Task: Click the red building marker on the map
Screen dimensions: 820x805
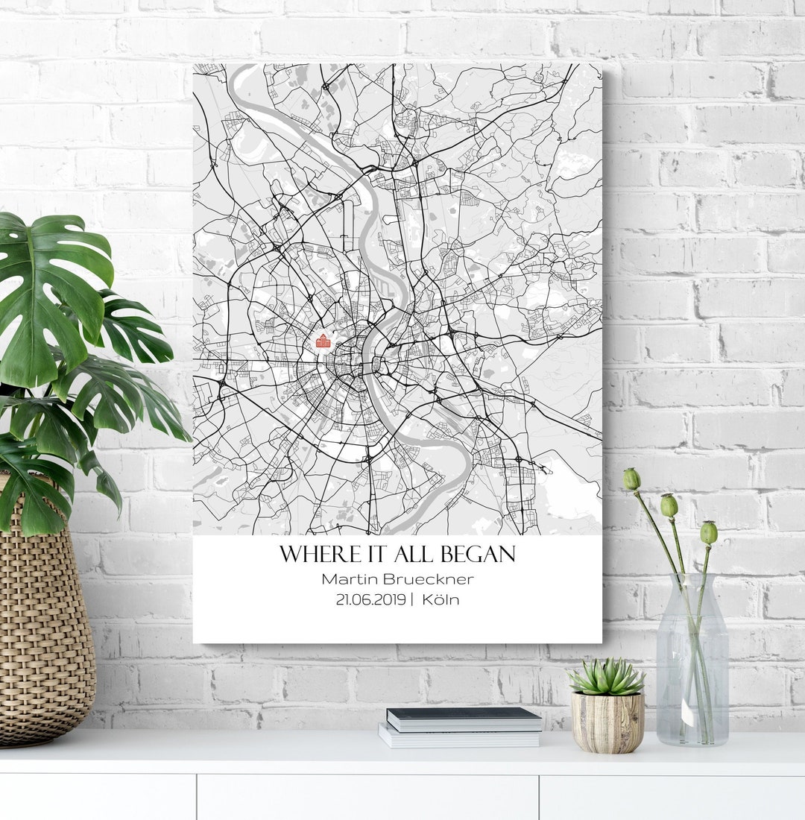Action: tap(323, 341)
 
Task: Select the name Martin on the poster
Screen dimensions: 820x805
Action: tap(350, 578)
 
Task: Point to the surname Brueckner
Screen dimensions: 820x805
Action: tap(428, 578)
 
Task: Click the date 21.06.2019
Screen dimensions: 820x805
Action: tap(370, 599)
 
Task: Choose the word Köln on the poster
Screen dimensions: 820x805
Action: tap(440, 599)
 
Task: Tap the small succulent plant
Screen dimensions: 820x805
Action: tap(607, 677)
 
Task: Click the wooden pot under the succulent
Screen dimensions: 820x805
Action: tap(607, 721)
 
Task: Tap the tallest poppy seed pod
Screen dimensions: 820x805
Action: tap(631, 479)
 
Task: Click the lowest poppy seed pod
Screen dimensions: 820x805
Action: tap(708, 532)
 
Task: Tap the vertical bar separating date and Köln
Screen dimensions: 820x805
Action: tap(411, 599)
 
